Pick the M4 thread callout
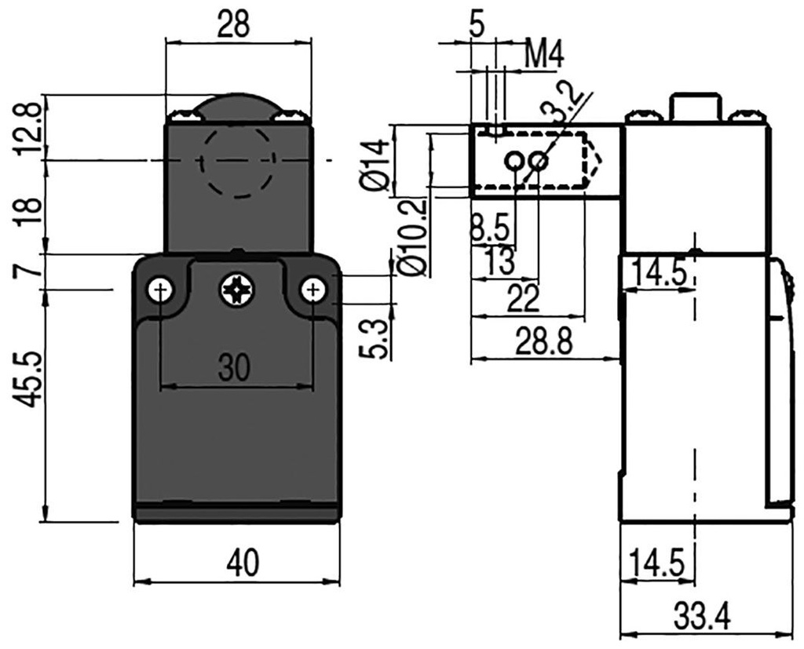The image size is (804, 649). click(544, 55)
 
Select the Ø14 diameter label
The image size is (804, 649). click(375, 164)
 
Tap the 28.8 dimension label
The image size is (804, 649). click(543, 342)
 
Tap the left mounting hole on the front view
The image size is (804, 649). click(160, 290)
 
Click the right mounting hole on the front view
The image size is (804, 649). click(313, 290)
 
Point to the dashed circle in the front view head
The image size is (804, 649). click(238, 162)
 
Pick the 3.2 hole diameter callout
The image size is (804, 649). click(566, 102)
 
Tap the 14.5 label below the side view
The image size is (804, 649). click(658, 563)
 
